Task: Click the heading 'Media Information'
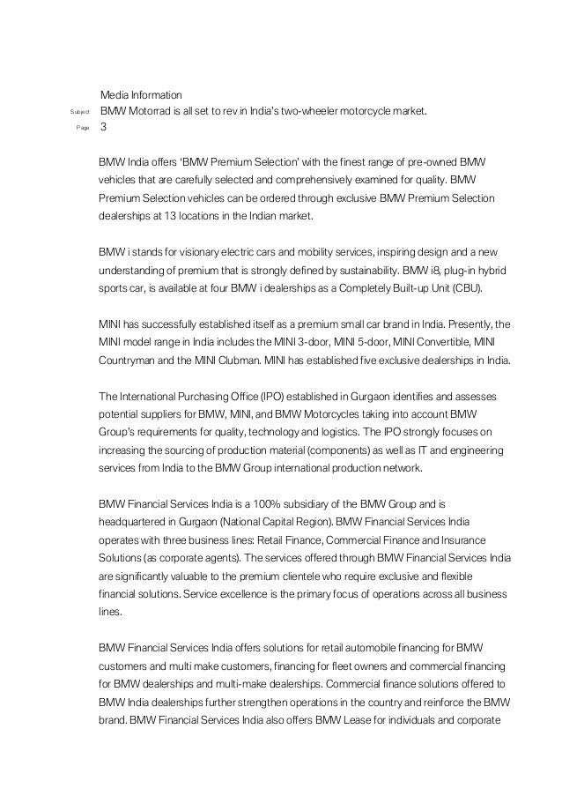141,93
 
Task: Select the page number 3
104,128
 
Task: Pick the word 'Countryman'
129,361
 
